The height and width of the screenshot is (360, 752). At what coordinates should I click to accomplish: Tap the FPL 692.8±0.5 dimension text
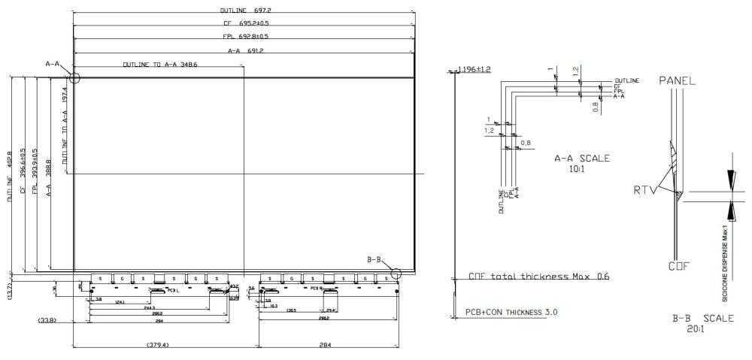(244, 38)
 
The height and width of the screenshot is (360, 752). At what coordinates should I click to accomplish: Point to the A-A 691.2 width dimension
(245, 50)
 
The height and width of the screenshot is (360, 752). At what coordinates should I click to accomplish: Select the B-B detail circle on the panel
(396, 274)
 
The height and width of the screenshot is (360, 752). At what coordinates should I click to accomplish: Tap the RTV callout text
(644, 190)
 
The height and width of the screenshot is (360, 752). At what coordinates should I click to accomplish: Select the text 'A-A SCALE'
(582, 159)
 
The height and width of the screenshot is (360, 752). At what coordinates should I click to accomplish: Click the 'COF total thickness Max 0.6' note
(538, 276)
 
